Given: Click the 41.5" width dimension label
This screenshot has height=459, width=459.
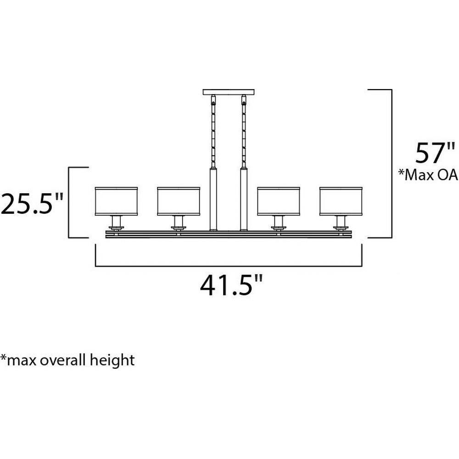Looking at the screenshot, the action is click(231, 285).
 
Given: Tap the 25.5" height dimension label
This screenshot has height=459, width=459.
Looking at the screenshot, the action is click(32, 203).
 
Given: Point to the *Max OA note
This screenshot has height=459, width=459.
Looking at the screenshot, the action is click(428, 175).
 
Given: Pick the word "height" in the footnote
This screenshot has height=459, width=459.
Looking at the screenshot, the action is click(112, 360).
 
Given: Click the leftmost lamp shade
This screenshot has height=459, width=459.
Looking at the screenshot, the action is click(116, 202).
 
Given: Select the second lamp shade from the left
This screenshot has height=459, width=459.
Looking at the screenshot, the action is click(179, 202).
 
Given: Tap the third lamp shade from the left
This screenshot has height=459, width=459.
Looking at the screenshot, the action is click(279, 202).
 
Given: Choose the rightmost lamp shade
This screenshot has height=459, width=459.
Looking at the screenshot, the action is click(341, 202).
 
